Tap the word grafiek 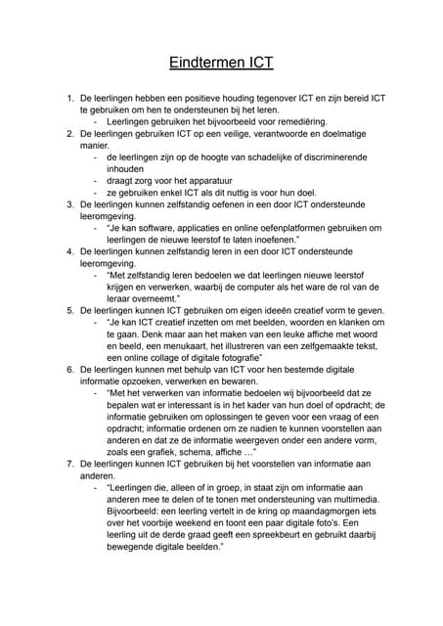point(177,452)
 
